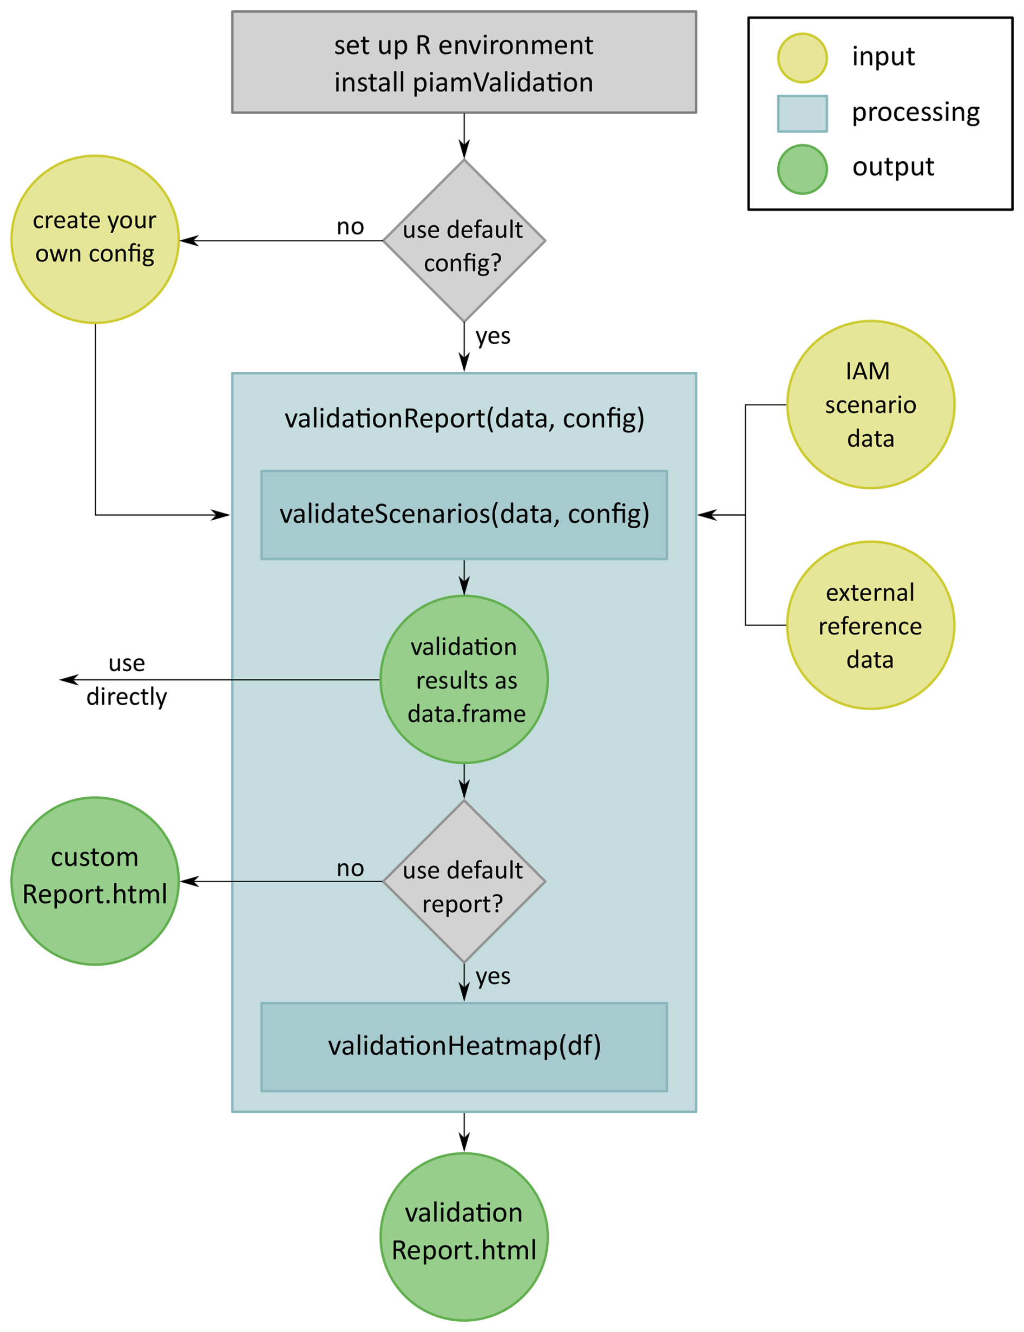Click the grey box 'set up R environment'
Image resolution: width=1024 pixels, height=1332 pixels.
click(x=464, y=62)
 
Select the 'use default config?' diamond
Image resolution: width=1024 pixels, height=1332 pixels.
click(x=464, y=241)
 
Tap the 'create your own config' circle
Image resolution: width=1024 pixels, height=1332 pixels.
click(x=95, y=239)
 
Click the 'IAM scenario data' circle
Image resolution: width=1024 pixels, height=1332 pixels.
click(x=870, y=405)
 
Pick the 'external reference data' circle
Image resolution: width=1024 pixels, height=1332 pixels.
click(x=870, y=626)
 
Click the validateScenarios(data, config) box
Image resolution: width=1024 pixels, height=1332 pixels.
click(x=464, y=515)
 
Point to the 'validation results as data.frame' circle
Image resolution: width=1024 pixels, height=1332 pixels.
click(x=464, y=680)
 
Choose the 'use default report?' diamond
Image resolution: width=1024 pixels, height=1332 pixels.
click(x=464, y=882)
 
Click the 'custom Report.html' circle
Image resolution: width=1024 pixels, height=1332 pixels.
click(x=95, y=881)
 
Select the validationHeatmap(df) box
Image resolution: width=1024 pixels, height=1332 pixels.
click(x=464, y=1047)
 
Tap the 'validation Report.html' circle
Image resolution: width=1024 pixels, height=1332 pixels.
click(x=464, y=1237)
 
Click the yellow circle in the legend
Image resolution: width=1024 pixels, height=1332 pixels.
click(x=802, y=58)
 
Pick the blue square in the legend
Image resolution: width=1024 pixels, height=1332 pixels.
click(x=802, y=113)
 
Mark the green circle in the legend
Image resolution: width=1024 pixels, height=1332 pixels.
click(x=802, y=169)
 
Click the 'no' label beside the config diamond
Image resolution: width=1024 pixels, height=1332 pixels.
click(x=351, y=227)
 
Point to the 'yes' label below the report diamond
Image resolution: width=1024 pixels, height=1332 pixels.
click(x=493, y=976)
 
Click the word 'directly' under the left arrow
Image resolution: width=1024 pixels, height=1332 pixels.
click(x=127, y=697)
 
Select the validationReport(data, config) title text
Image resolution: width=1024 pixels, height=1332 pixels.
click(x=464, y=419)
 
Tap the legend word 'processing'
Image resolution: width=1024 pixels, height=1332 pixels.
click(x=916, y=113)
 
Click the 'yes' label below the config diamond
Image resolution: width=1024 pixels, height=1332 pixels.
click(x=493, y=336)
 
